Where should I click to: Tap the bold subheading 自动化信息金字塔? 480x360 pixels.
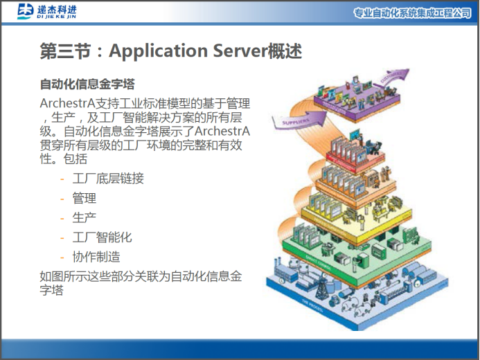87,85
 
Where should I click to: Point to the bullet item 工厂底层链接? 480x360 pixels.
108,179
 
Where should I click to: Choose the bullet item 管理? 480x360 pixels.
84,199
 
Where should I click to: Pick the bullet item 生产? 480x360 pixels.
84,218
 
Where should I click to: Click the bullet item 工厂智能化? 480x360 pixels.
102,237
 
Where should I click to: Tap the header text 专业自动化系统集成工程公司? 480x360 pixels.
412,13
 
